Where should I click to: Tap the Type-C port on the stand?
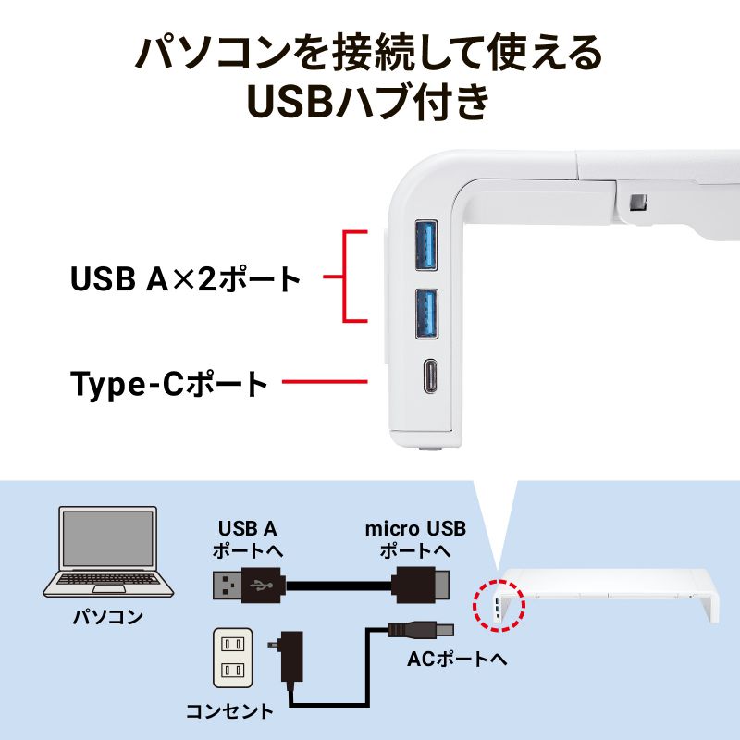(427, 379)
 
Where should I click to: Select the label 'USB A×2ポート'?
(186, 277)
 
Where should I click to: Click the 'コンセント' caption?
(229, 711)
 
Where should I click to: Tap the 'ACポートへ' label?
(457, 660)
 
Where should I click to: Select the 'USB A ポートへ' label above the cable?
(247, 539)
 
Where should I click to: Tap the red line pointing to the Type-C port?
(324, 381)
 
